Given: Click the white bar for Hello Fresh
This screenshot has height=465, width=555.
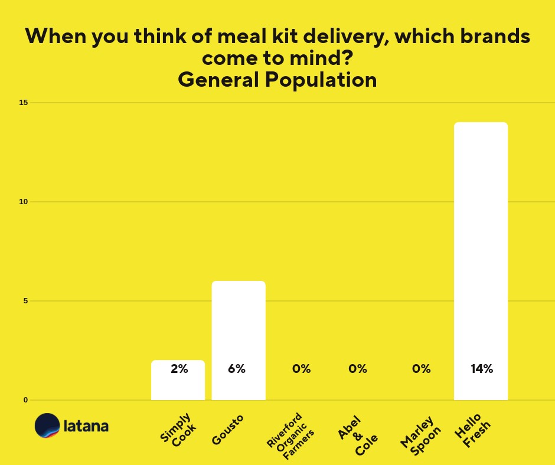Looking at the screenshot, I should point(481,248).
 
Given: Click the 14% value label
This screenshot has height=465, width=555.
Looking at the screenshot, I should point(481,369).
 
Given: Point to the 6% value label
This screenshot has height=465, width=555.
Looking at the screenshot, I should point(237,369).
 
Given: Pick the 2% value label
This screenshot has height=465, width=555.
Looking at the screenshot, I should point(179,369).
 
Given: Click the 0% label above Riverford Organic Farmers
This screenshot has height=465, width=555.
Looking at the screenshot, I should point(301,369).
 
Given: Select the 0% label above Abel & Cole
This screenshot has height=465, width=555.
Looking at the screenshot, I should point(358,369).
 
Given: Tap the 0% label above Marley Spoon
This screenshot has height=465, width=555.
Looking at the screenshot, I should point(421,369).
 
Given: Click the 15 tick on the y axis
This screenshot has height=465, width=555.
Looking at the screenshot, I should point(24,103).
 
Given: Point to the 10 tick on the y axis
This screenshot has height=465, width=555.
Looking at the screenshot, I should point(24,202).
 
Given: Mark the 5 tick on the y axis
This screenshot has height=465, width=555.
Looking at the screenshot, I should point(25,301).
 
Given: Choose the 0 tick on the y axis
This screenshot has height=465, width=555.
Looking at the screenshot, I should point(25,400).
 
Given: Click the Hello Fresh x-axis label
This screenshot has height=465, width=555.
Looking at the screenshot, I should point(472,431).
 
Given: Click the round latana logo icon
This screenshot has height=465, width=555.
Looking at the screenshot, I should point(47,425).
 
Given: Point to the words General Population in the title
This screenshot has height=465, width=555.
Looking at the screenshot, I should point(277,80).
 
